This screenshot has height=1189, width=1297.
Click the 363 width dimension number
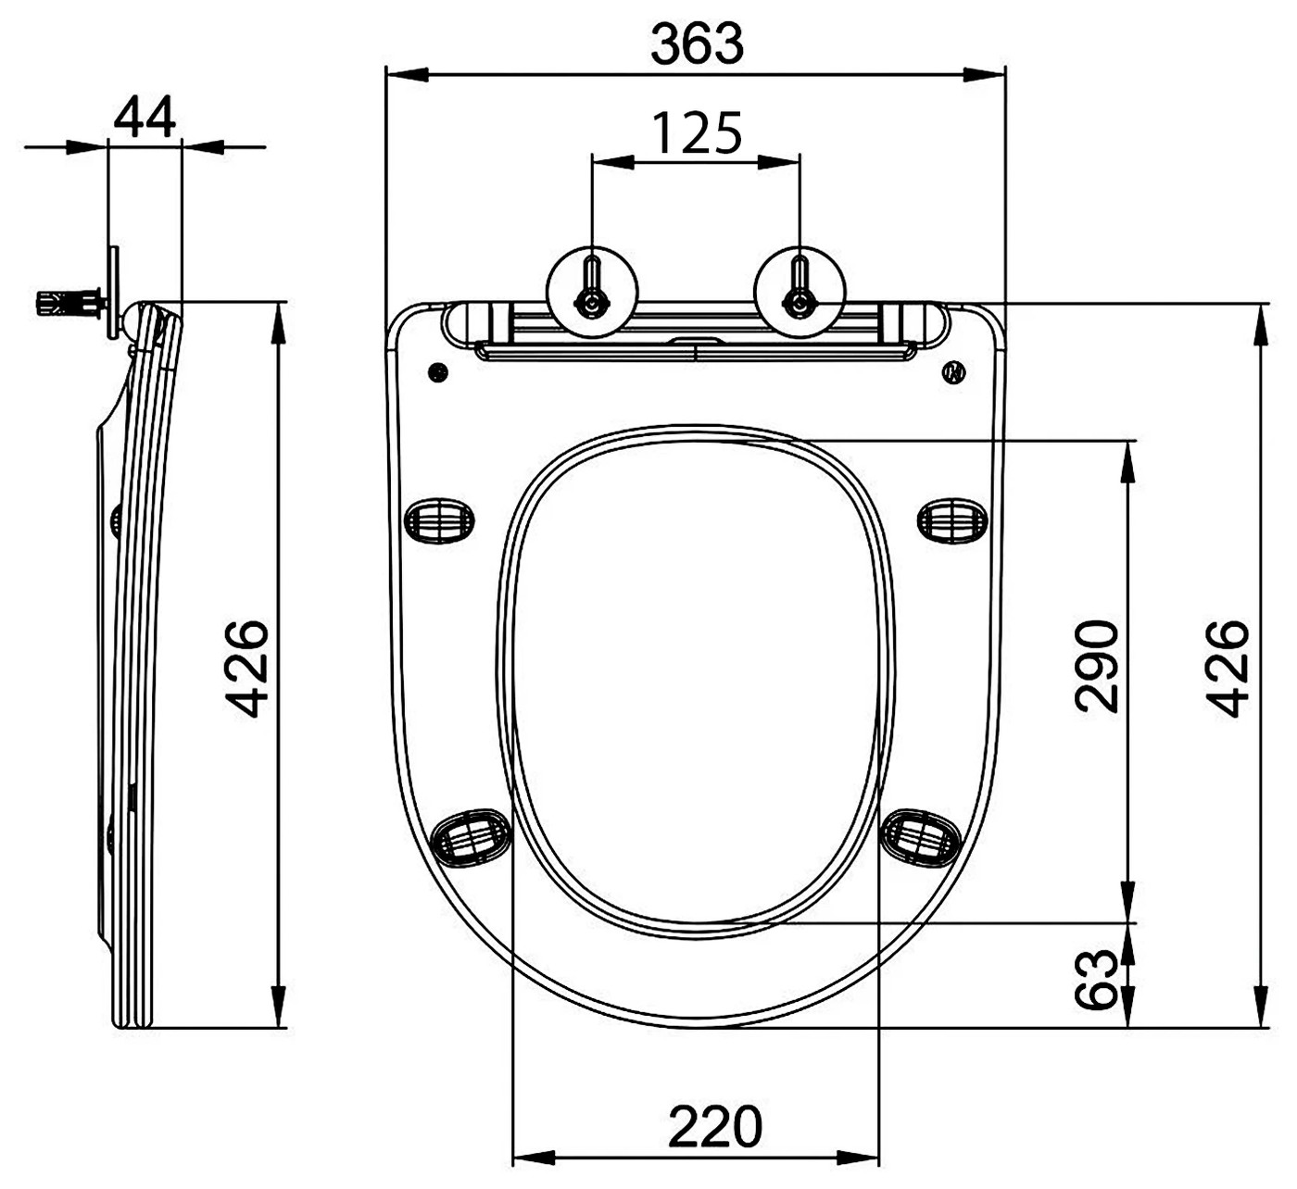point(697,44)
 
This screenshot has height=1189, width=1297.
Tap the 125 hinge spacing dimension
point(697,133)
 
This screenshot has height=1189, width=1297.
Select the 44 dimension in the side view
point(145,117)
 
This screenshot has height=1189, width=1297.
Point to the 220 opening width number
point(715,1126)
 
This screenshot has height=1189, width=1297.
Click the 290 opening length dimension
point(1097,666)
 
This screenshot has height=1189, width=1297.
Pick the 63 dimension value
point(1097,979)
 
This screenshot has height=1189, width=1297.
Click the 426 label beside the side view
point(246,669)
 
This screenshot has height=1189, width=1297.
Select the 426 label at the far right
point(1228,669)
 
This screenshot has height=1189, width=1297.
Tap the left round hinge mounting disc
point(592,292)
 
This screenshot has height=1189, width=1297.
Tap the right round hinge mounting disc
point(800,292)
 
